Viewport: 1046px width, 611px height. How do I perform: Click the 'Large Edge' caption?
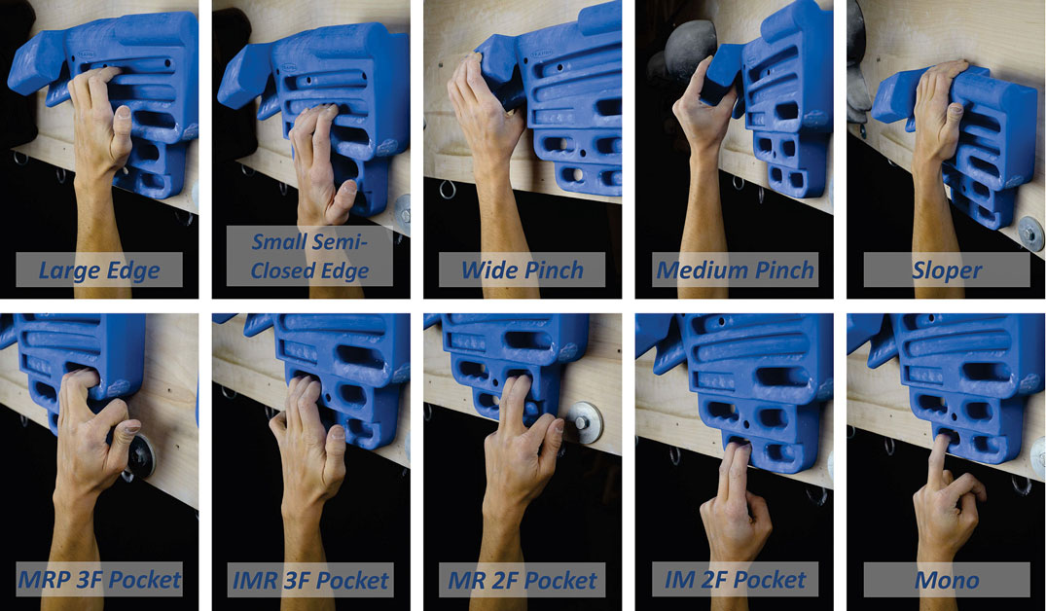pyautogui.click(x=98, y=270)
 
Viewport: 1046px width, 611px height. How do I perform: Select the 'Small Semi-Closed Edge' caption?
pyautogui.click(x=309, y=256)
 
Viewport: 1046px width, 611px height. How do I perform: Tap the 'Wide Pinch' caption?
pyautogui.click(x=523, y=270)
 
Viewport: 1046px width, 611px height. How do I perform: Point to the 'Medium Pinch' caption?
pyautogui.click(x=735, y=270)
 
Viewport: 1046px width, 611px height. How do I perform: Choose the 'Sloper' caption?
pyautogui.click(x=947, y=270)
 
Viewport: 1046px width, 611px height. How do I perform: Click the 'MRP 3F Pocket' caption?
pyautogui.click(x=98, y=580)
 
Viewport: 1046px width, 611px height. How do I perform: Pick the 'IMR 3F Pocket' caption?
pyautogui.click(x=310, y=580)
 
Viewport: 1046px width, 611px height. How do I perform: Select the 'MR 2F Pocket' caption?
pyautogui.click(x=523, y=580)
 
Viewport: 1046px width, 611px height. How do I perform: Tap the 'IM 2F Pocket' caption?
pyautogui.click(x=735, y=580)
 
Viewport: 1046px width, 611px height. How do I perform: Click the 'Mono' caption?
pyautogui.click(x=947, y=580)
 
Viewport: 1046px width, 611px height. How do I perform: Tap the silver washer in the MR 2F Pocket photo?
pyautogui.click(x=585, y=422)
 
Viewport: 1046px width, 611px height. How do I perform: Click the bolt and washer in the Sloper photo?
pyautogui.click(x=1031, y=233)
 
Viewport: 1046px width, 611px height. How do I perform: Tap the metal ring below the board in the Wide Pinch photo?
pyautogui.click(x=447, y=190)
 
